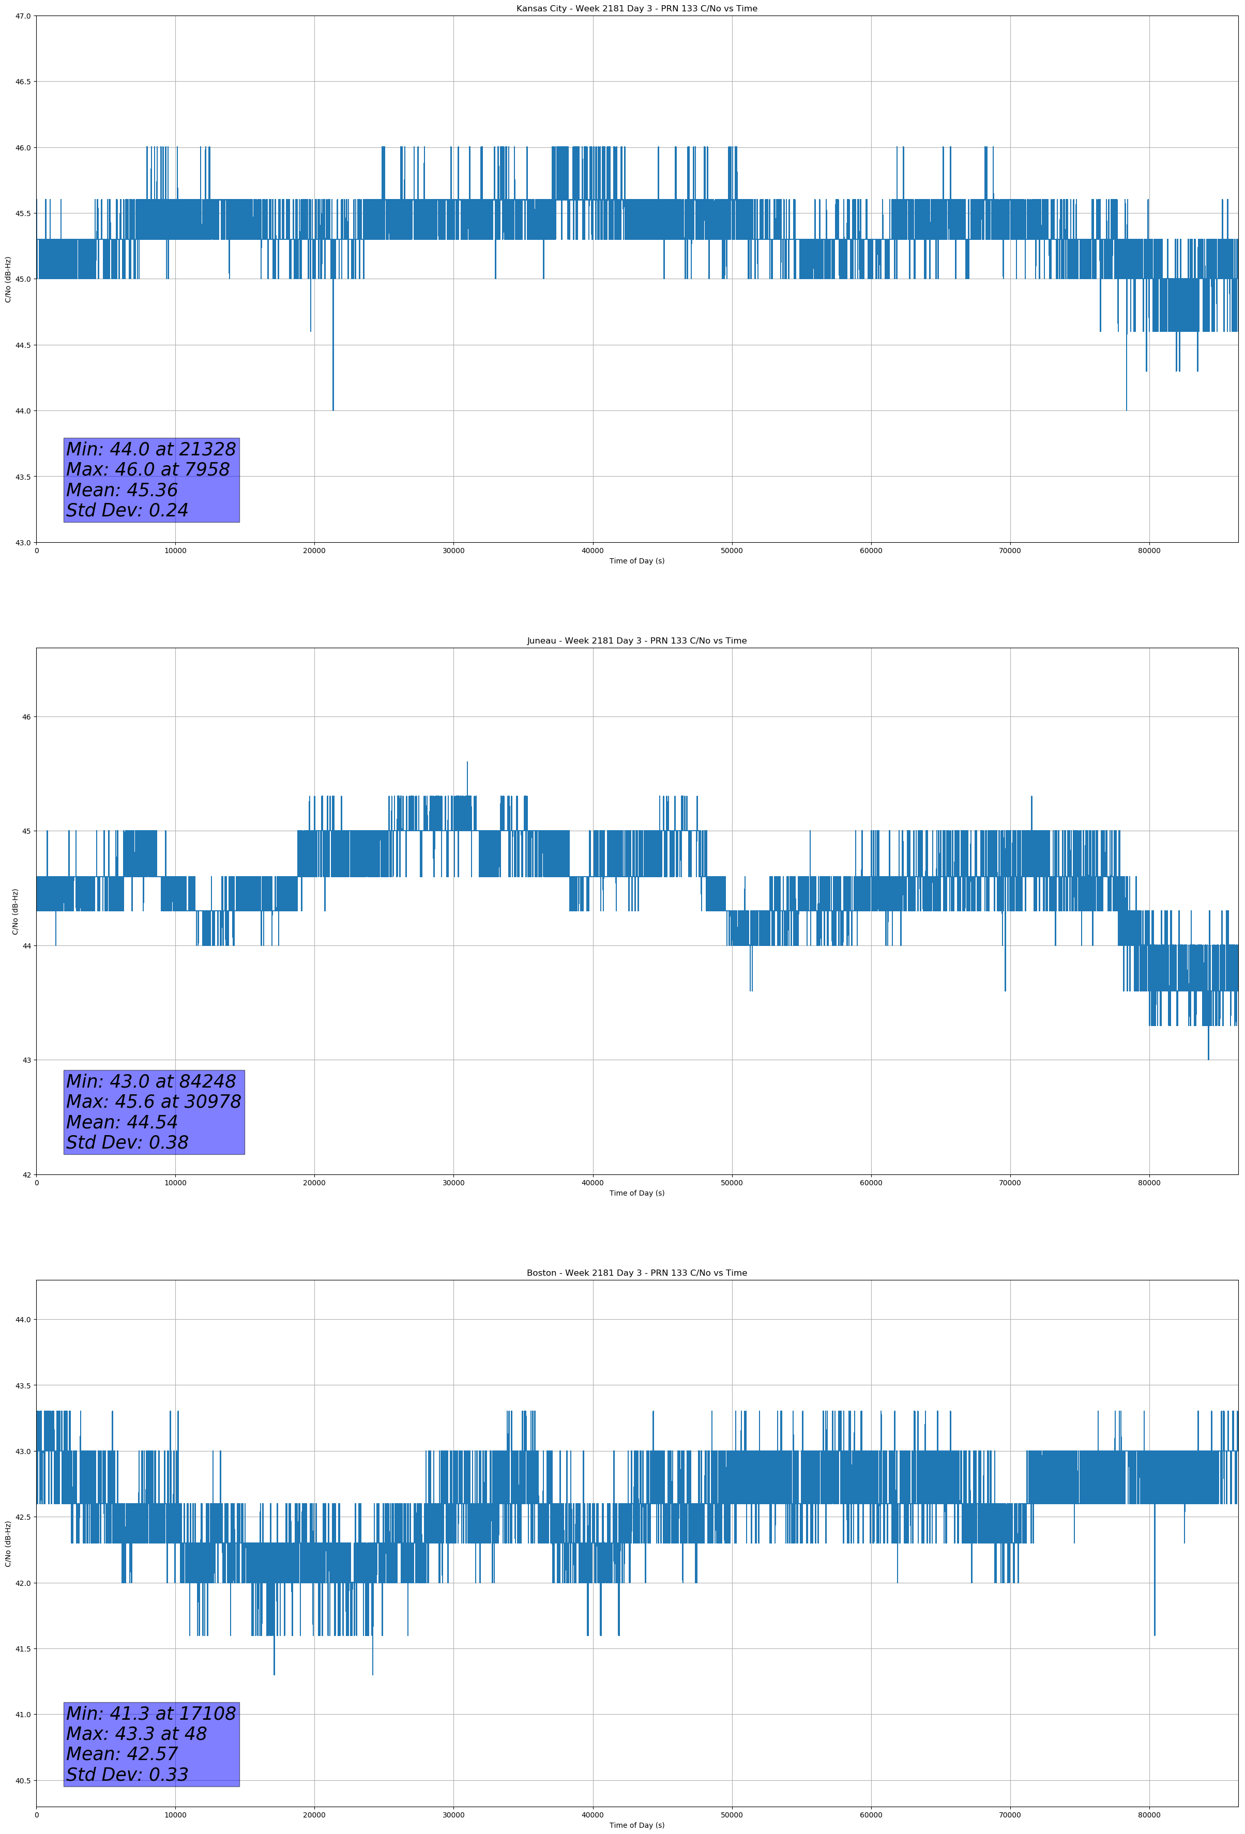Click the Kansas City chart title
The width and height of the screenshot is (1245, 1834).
click(x=636, y=9)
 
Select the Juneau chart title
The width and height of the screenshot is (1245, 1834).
click(x=636, y=641)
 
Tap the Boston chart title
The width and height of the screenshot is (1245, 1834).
click(x=636, y=1273)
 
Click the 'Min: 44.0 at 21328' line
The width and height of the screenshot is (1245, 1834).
click(x=151, y=449)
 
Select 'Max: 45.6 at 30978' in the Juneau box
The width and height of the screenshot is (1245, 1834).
click(x=153, y=1102)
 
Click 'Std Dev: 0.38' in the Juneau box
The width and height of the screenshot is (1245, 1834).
click(x=127, y=1143)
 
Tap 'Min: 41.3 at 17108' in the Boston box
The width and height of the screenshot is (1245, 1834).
click(x=151, y=1713)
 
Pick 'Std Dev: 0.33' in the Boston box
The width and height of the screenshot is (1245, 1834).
click(x=127, y=1775)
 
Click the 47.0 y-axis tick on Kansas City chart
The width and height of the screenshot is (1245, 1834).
click(x=24, y=16)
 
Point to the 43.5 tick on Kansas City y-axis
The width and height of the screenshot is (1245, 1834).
click(x=24, y=477)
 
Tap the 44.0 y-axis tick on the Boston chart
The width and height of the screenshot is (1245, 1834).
click(x=24, y=1320)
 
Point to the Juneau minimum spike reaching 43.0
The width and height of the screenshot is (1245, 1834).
click(x=1208, y=1058)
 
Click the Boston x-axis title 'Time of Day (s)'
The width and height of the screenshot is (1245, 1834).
click(x=636, y=1825)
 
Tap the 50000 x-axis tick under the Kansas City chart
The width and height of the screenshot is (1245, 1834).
click(x=732, y=551)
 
